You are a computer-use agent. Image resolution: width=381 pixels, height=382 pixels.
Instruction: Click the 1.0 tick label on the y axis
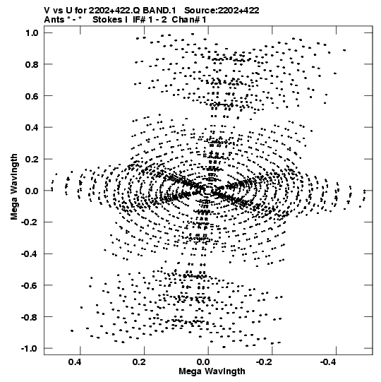[x=32, y=32]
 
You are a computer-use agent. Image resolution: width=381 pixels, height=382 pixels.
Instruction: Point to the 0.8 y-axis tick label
[x=32, y=64]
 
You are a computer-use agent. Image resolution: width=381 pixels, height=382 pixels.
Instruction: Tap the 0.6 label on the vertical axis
[x=32, y=96]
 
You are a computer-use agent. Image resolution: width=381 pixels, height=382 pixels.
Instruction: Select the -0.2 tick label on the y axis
[x=30, y=222]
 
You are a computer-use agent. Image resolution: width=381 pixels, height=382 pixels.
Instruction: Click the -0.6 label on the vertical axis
[x=30, y=285]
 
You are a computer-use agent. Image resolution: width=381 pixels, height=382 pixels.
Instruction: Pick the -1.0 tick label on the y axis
[x=30, y=348]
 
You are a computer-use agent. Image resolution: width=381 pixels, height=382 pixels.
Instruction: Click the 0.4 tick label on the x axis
[x=75, y=362]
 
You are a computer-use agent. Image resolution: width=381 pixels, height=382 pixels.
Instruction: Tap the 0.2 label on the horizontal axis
[x=139, y=362]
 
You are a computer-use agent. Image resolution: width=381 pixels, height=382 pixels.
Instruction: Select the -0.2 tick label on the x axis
[x=265, y=362]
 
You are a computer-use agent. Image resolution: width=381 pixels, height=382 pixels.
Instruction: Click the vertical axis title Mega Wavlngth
[x=14, y=187]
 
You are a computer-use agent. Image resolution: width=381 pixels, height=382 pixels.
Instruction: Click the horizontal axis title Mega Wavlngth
[x=212, y=371]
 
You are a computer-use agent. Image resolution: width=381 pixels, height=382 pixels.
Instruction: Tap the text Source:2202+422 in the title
[x=222, y=11]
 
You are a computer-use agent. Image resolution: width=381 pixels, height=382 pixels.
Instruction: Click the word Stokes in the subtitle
[x=107, y=20]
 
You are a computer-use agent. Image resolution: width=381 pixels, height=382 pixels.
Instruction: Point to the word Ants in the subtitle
[x=54, y=20]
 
